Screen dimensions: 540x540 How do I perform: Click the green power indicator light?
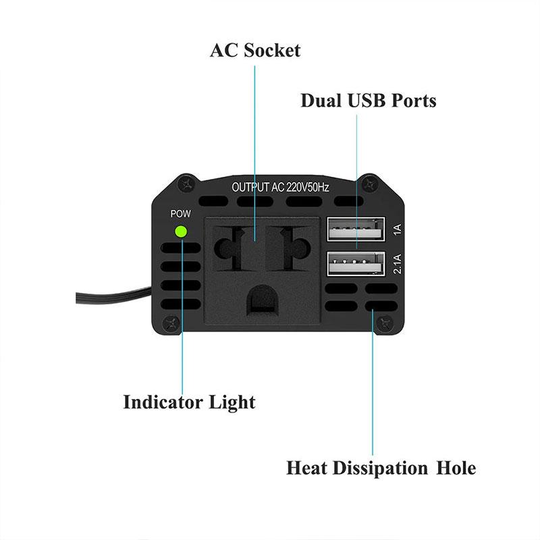[181, 232]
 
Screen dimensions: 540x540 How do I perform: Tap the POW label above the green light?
[180, 214]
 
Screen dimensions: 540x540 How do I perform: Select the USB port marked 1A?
[356, 229]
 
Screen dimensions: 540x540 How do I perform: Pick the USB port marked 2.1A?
[356, 263]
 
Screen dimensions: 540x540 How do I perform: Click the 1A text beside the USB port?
[398, 230]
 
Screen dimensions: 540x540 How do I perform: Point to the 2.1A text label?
[398, 264]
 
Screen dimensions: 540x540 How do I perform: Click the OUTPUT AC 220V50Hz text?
[280, 188]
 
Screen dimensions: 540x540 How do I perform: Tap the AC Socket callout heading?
[255, 50]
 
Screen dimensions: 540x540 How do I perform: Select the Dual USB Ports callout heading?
[369, 101]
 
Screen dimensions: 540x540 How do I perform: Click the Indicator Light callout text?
[190, 402]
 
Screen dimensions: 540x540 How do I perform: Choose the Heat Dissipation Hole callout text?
[381, 468]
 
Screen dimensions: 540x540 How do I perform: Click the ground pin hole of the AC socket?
[263, 299]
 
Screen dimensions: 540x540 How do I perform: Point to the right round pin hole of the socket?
[296, 248]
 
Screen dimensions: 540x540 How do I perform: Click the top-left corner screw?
[188, 184]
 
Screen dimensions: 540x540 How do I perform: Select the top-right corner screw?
[369, 184]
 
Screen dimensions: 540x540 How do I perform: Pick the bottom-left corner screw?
[171, 323]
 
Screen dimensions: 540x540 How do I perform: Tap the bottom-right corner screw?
[384, 323]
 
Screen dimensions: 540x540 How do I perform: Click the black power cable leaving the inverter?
[113, 296]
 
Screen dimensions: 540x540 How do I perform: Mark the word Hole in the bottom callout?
[456, 468]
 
